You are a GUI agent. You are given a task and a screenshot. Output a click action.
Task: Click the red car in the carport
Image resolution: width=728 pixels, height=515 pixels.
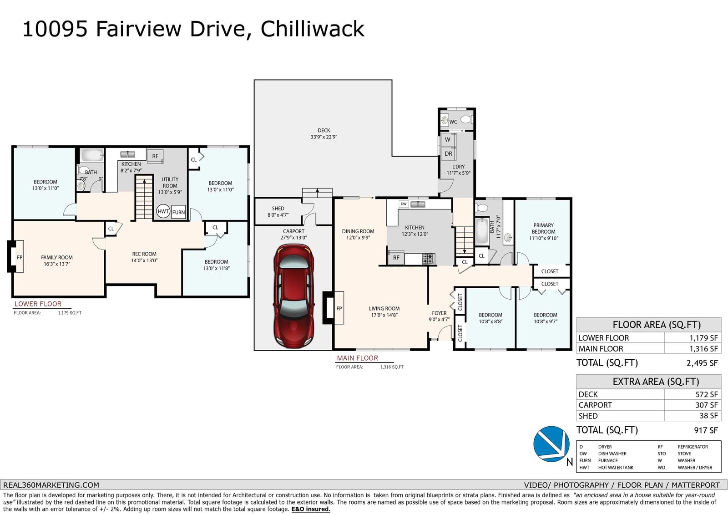coord(294,296)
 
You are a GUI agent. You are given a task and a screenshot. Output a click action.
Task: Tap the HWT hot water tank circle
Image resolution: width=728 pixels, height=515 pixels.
coord(163,211)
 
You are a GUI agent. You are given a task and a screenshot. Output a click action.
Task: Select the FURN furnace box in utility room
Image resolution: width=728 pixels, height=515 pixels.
coord(178,212)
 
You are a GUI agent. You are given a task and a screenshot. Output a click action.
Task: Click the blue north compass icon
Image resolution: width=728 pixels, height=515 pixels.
coord(551,444)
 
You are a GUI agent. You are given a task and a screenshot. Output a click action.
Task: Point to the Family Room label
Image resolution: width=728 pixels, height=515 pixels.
coord(57,257)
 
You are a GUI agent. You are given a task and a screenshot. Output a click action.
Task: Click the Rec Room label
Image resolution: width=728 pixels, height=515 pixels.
coord(144,254)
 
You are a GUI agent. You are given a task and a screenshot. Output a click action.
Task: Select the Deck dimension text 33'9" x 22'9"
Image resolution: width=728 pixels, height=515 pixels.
coord(324,137)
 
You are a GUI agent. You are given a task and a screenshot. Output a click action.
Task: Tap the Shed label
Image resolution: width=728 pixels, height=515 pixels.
coord(278,208)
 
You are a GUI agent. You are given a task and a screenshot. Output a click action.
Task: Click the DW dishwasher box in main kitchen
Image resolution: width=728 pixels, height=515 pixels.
coord(403,204)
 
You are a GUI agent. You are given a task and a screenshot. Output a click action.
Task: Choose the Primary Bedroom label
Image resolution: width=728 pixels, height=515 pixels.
coord(543,229)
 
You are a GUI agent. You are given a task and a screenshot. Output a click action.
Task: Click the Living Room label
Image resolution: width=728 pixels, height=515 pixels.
coord(384,308)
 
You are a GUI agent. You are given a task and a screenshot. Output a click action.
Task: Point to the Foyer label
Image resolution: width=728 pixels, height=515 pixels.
coord(439,313)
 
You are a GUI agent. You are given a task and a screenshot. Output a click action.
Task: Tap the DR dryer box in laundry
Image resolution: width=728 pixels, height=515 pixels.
coord(448,153)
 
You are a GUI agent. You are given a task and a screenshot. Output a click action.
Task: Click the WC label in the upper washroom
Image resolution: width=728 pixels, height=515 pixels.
coord(453,122)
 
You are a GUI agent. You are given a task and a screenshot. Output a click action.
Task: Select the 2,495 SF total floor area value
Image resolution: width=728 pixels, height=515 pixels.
coord(702,363)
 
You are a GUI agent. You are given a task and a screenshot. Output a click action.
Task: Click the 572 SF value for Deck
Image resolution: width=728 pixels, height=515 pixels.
coord(707,394)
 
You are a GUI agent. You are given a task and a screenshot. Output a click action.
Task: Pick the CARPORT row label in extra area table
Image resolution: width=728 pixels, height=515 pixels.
coord(595,405)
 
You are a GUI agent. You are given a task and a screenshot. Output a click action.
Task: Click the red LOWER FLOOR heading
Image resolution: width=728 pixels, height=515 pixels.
coord(38,304)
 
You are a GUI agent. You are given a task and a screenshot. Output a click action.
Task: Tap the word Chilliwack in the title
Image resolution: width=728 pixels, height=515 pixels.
coord(312,29)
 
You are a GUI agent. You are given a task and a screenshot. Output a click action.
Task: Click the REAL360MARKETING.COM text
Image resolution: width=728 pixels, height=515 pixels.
coord(51,485)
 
